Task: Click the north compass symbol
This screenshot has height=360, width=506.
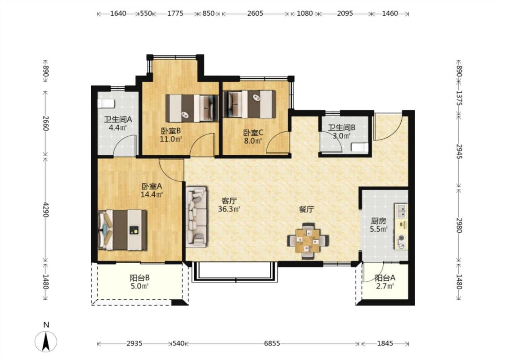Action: point(46,341)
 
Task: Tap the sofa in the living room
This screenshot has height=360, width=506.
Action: point(196,216)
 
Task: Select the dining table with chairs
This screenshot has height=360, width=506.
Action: point(308,241)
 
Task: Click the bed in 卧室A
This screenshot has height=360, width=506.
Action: point(122,230)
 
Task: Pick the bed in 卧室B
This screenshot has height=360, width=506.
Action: point(193,108)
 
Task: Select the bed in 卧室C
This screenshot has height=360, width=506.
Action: point(250,104)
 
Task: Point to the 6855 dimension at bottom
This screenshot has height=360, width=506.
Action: point(272,343)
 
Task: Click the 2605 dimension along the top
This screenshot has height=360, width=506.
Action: point(255,13)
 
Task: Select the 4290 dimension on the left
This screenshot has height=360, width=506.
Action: point(46,209)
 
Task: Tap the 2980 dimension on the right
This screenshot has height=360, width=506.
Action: point(460,225)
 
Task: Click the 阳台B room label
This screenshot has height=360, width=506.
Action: point(140,278)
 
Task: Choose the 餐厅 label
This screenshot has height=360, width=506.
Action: point(306,209)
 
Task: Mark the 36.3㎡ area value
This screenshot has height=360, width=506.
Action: point(229,209)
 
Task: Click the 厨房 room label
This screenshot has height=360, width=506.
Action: point(378,221)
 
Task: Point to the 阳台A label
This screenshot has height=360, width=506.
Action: point(385,278)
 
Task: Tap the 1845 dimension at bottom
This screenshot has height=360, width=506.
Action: point(385,343)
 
